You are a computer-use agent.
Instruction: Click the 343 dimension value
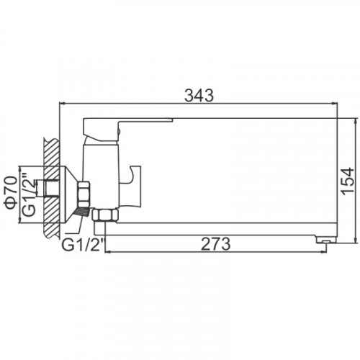point(199,96)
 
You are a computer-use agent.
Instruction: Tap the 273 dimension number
point(215,244)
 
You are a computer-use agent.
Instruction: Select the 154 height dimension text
point(348,181)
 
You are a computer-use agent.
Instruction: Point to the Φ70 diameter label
point(11,192)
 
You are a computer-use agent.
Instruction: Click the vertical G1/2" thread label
point(28,194)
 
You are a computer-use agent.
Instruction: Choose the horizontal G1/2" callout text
point(84,244)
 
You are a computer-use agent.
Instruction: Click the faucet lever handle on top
point(127,129)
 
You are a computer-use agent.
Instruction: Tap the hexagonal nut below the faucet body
point(106,215)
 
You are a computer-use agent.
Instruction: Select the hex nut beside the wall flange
point(84,194)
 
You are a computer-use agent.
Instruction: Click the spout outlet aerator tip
point(325,239)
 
